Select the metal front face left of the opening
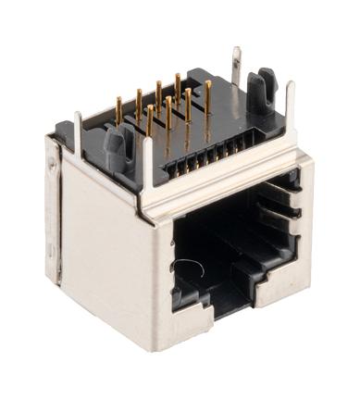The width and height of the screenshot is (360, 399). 157,278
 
